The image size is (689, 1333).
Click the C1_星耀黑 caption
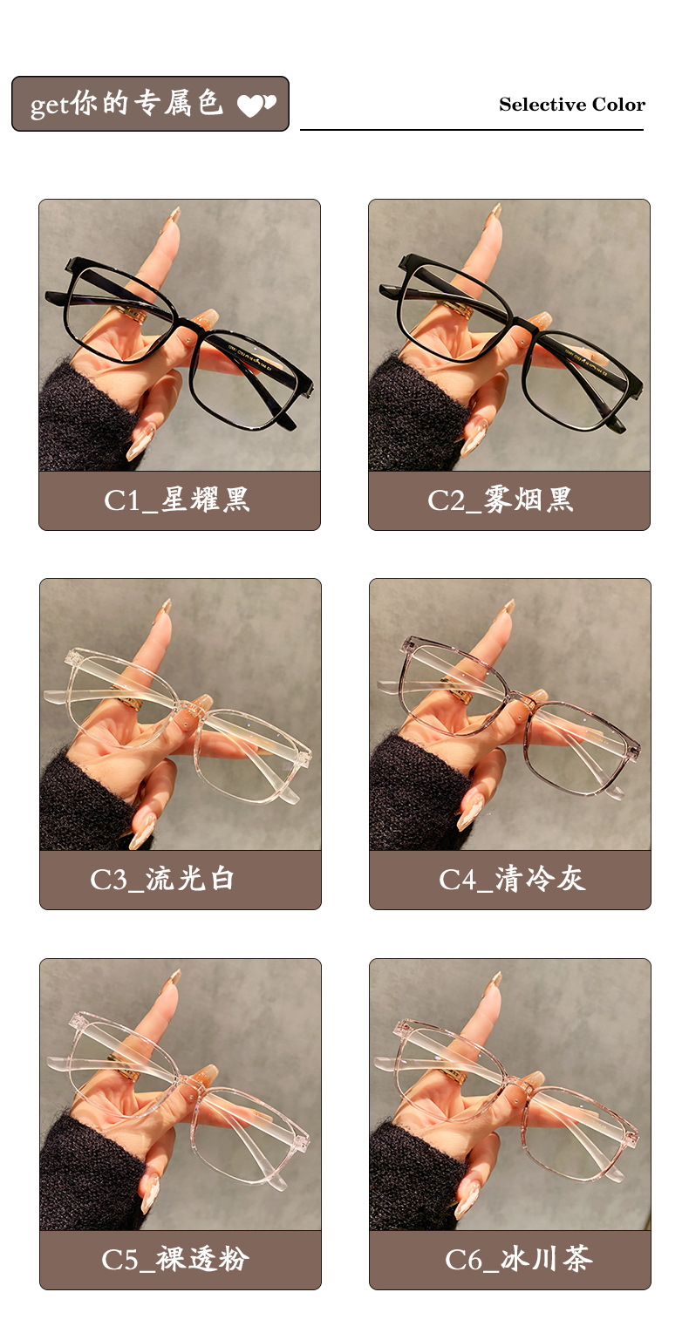click(176, 500)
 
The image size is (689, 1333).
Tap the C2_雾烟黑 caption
click(501, 500)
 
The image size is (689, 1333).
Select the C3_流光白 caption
click(162, 879)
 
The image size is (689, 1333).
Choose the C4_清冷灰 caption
click(512, 879)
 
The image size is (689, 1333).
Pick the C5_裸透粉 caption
click(175, 1259)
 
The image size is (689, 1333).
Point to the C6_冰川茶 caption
click(518, 1259)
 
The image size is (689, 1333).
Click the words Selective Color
click(571, 105)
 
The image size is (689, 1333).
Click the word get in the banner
click(50, 106)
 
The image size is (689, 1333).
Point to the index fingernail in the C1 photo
click(175, 215)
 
